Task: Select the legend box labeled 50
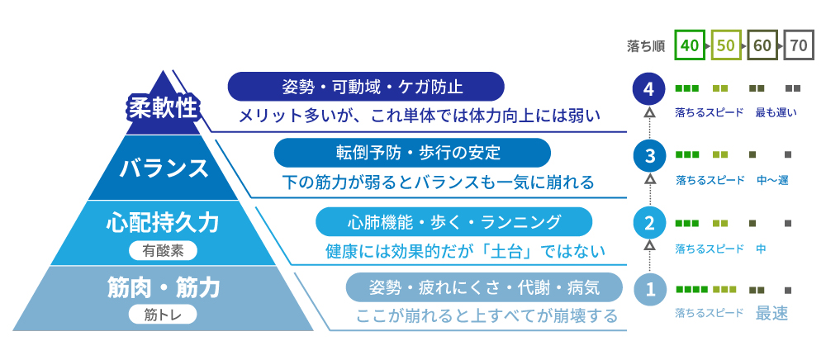[726, 45]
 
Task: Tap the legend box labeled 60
[762, 45]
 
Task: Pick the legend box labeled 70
[798, 45]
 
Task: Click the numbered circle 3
[650, 155]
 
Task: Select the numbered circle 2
[650, 222]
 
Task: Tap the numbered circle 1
[650, 290]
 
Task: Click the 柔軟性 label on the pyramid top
[163, 107]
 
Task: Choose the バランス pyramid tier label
[163, 168]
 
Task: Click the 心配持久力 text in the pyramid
[163, 223]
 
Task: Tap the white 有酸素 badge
[163, 247]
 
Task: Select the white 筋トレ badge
[163, 314]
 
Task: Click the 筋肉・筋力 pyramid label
[163, 288]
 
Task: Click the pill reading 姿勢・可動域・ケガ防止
[365, 87]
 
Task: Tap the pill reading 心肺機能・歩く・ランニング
[454, 221]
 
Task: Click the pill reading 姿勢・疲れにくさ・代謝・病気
[483, 287]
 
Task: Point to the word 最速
[771, 313]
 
